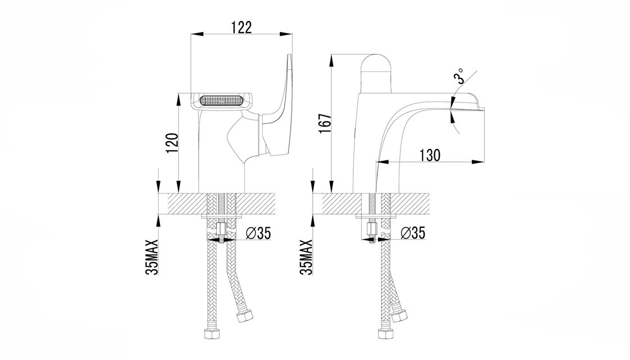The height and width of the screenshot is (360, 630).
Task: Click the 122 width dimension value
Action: (241, 27)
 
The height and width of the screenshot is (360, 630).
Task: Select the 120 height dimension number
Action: (172, 143)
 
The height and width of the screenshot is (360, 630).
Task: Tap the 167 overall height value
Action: (325, 124)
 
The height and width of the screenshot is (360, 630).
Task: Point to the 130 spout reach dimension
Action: (430, 155)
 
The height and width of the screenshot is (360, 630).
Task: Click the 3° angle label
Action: (459, 76)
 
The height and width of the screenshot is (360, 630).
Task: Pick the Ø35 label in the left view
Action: (258, 233)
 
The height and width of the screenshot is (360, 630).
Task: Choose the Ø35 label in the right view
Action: (413, 233)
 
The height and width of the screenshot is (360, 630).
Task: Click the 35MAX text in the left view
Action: (152, 256)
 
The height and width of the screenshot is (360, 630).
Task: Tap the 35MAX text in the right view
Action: (306, 256)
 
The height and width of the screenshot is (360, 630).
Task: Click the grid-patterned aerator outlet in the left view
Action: (220, 101)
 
